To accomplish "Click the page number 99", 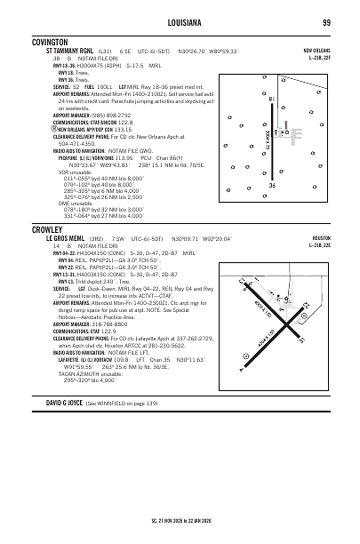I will click(327, 22).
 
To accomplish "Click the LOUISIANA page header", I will click(180, 22).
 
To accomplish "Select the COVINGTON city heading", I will click(51, 42).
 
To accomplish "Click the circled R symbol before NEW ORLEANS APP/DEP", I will click(28, 128).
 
